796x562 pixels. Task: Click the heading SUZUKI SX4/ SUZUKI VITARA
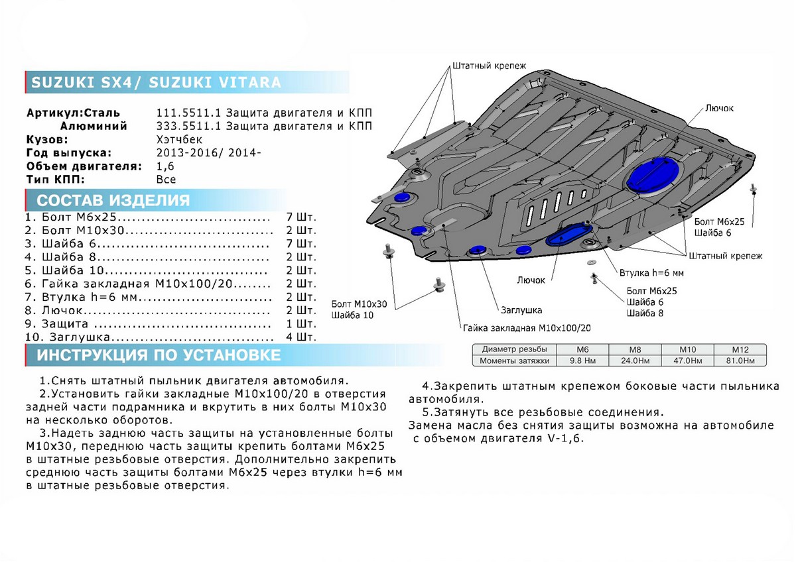157,83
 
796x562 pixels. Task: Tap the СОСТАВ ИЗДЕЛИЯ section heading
113,200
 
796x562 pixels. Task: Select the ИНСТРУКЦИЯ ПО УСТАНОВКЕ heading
159,355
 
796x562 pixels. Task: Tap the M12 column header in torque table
740,349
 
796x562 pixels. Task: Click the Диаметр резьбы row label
515,349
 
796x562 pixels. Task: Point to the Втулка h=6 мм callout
651,273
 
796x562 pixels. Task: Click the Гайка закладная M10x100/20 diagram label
527,328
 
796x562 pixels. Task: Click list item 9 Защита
65,324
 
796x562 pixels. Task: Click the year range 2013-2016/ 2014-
209,153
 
